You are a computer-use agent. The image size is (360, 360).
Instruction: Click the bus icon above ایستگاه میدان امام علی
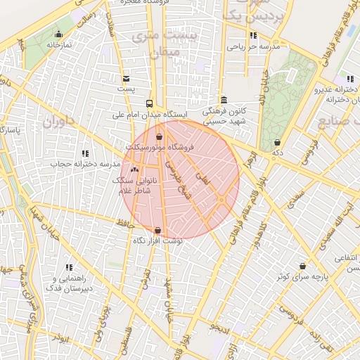tap(149, 103)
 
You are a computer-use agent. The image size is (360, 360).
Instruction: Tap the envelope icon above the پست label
tap(126, 79)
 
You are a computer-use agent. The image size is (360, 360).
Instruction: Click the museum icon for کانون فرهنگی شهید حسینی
tap(224, 100)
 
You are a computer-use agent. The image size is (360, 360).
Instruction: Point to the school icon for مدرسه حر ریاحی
tap(253, 35)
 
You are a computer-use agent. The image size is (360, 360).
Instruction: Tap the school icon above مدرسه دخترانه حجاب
tap(85, 153)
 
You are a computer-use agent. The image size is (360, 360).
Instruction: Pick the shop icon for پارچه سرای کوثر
tap(302, 266)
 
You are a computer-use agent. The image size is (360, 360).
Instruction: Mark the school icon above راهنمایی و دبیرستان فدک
tap(69, 267)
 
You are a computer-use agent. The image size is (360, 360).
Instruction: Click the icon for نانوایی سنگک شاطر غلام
tap(134, 169)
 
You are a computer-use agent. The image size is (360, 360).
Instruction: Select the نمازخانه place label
tap(60, 44)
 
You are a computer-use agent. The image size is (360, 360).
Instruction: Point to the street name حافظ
tap(126, 223)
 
